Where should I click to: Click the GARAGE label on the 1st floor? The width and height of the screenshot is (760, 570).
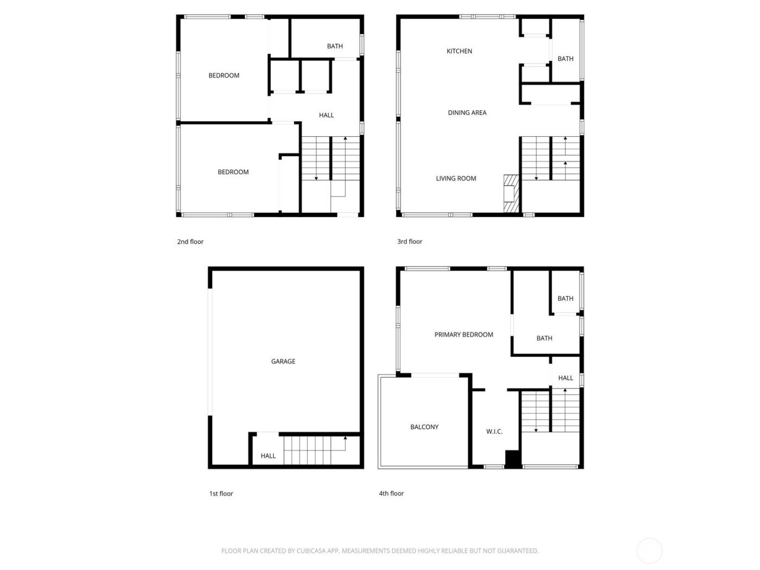point(283,361)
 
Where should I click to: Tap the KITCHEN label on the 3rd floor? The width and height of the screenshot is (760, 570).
point(459,51)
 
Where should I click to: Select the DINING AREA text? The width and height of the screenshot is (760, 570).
point(467,113)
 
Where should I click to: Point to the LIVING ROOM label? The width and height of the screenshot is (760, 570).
point(456,178)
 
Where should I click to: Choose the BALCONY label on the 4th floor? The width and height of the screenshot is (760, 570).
point(424,427)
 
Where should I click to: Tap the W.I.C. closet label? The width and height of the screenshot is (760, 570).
point(494,432)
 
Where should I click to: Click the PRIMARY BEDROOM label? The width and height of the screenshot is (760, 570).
point(464,335)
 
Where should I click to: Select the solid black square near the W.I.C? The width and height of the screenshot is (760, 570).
point(513,458)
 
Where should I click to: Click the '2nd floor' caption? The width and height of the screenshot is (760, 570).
point(190,242)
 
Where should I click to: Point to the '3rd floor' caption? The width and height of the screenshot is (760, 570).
point(409,242)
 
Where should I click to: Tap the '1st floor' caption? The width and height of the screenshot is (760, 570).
point(221,493)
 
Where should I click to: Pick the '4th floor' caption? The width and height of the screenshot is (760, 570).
point(391,493)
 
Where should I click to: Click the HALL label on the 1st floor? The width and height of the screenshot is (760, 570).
point(268,456)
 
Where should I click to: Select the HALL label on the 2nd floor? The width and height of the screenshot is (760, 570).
point(326,115)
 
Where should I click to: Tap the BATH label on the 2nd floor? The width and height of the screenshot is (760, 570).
point(335,46)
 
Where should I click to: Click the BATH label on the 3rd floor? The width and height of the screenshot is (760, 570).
point(565,59)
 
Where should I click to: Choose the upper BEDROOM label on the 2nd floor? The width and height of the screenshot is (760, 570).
point(224,75)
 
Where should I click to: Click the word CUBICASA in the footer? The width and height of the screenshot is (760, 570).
point(311,550)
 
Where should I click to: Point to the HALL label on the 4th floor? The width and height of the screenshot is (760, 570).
point(565,378)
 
